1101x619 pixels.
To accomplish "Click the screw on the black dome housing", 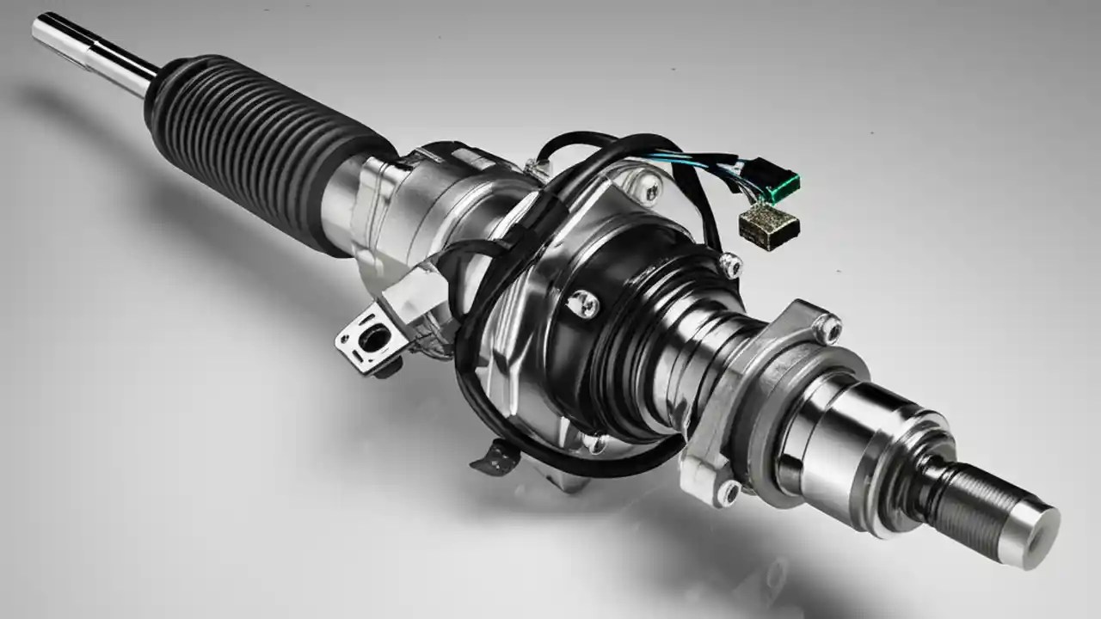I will [582, 302].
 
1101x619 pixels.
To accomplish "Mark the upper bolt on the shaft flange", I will [827, 328].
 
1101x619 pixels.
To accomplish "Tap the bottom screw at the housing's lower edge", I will [594, 444].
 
